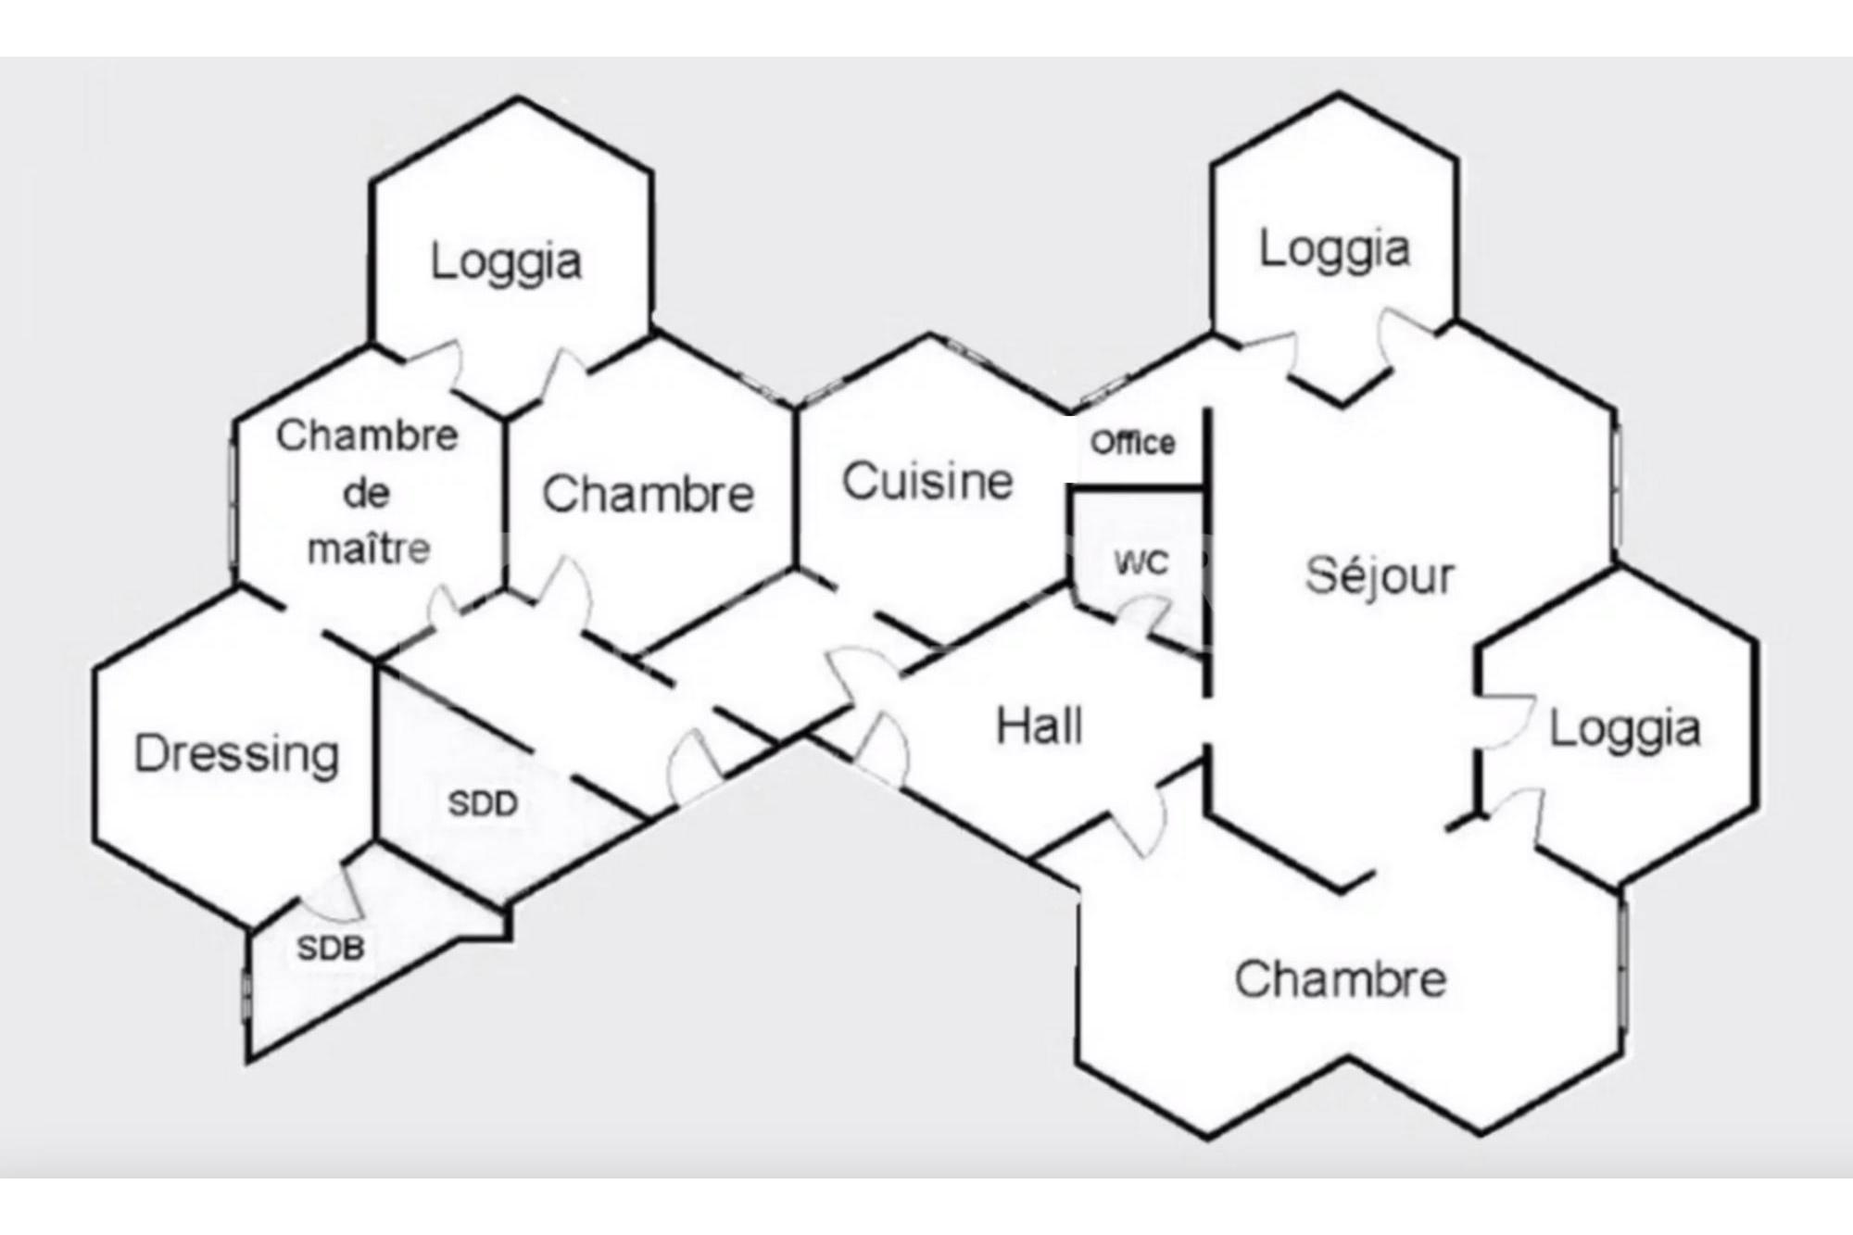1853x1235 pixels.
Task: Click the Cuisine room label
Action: [927, 482]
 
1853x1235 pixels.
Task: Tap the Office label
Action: [1132, 443]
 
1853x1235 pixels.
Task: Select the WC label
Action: [1141, 562]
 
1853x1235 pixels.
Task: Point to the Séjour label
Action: [1380, 575]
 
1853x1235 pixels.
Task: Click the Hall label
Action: [1039, 725]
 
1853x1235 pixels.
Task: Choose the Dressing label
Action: [237, 753]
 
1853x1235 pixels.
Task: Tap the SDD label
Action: [483, 803]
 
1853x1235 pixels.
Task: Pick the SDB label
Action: [330, 948]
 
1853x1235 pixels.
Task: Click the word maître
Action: [369, 548]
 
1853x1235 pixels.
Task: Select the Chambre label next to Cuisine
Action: [648, 494]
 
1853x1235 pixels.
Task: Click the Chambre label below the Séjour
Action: [1340, 979]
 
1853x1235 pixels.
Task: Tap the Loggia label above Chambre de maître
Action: [506, 261]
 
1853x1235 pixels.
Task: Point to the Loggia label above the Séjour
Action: [1334, 248]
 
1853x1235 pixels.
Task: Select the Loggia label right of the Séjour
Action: [1625, 729]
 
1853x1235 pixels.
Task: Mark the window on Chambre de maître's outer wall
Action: [233, 505]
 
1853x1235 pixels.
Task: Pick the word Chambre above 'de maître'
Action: [367, 435]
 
